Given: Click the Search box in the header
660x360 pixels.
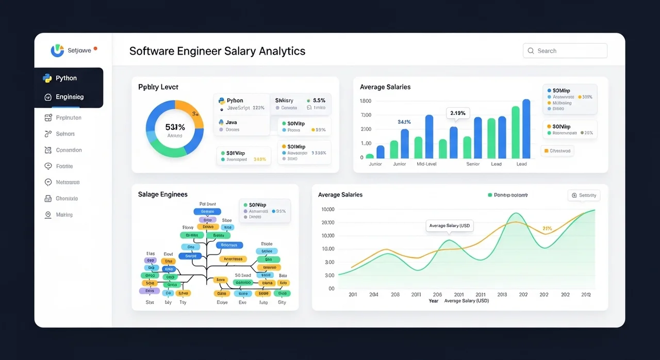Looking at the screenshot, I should (565, 51).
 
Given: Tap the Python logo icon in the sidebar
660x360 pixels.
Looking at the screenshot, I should (47, 78).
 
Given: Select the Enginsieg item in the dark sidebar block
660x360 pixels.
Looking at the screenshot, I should (69, 97).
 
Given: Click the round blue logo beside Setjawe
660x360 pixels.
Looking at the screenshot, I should (57, 51).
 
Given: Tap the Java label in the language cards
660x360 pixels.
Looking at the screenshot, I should (232, 122).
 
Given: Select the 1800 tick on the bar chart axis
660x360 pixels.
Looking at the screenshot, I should (366, 101).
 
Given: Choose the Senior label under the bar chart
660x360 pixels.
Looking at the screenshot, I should (473, 164).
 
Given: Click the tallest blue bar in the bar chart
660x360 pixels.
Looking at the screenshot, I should (526, 128).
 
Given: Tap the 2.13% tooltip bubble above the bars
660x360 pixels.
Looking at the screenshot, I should (457, 113).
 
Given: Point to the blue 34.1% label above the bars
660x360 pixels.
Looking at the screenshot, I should (404, 122).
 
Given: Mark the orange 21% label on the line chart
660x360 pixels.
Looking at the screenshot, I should (547, 228).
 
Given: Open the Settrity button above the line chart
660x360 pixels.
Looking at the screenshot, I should (584, 195).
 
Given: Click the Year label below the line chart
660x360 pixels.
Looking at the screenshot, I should (434, 301).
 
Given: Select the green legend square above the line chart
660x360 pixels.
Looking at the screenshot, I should (490, 195).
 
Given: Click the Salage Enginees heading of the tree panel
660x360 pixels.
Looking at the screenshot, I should (162, 194).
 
